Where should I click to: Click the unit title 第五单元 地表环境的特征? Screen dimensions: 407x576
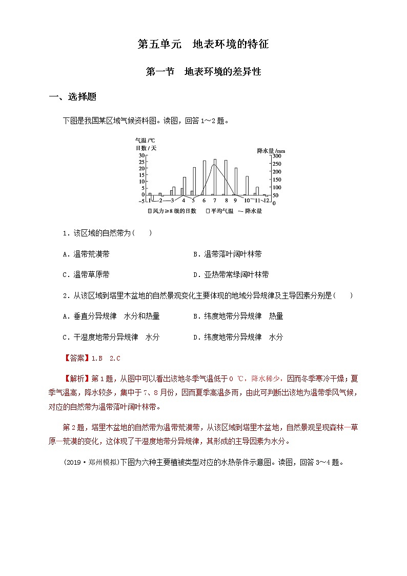[x=203, y=45]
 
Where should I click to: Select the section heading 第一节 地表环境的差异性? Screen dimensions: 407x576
[x=203, y=72]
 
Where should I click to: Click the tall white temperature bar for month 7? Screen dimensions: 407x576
[x=215, y=177]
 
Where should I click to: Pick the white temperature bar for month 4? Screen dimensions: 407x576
[x=184, y=186]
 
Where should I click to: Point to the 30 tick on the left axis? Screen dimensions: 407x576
[x=141, y=155]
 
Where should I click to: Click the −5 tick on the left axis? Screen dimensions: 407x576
[x=141, y=201]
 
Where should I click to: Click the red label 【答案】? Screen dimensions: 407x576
[x=76, y=359]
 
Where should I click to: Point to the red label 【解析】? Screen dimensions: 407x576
[x=76, y=379]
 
